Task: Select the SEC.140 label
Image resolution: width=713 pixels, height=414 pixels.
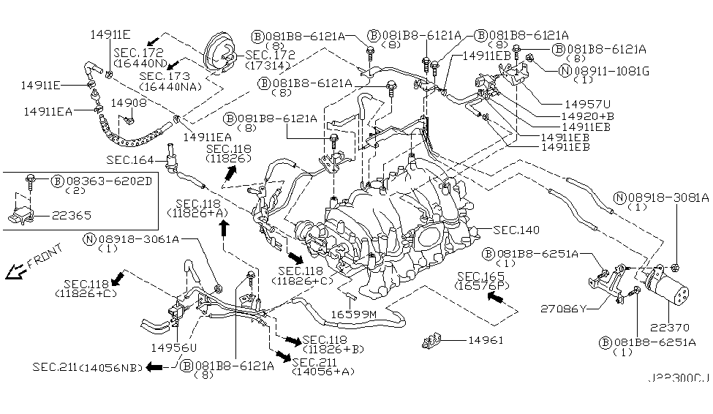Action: click(x=516, y=230)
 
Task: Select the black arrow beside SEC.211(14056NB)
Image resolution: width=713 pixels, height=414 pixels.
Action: click(x=154, y=366)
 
